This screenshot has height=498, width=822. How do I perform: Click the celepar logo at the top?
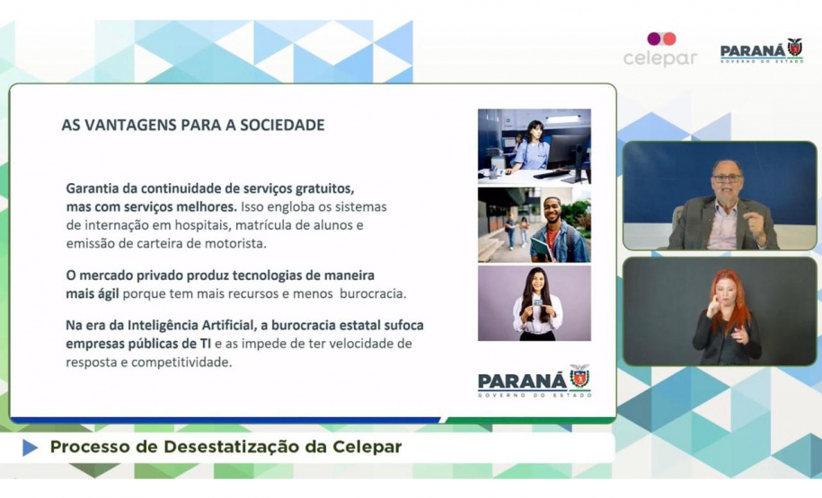pyautogui.click(x=660, y=49)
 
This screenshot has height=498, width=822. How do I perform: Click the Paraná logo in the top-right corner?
pyautogui.click(x=762, y=51)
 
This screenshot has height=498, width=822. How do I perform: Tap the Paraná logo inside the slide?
pyautogui.click(x=535, y=380)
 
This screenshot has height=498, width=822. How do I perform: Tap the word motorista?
pyautogui.click(x=239, y=244)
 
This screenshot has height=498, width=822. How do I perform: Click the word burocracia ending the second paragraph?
pyautogui.click(x=373, y=293)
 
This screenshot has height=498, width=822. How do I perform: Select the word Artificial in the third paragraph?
pyautogui.click(x=228, y=325)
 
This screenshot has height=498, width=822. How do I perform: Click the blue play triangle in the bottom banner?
pyautogui.click(x=31, y=448)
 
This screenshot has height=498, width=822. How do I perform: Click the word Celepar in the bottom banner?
pyautogui.click(x=367, y=448)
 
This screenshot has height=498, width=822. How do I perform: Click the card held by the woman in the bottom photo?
pyautogui.click(x=537, y=302)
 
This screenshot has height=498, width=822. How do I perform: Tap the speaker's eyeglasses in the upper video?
pyautogui.click(x=727, y=179)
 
